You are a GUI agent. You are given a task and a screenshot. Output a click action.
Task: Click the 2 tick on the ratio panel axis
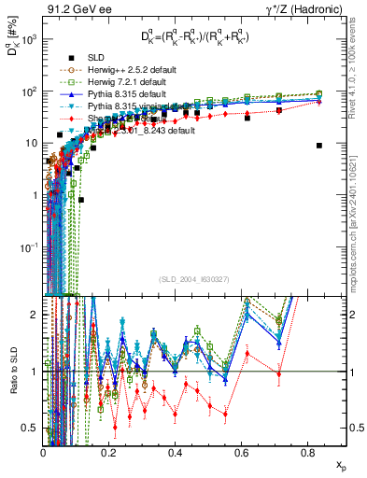click(x=35, y=315)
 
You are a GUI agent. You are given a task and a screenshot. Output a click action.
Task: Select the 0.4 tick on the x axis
click(x=176, y=452)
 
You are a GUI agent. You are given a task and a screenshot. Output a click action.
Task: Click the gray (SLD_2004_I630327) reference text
click(x=197, y=279)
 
